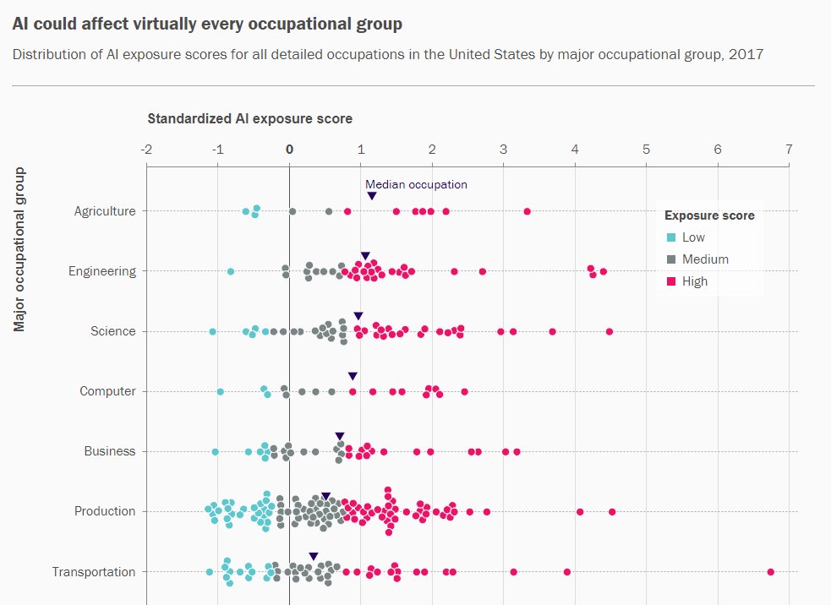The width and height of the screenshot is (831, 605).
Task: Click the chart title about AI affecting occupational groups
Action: click(x=207, y=24)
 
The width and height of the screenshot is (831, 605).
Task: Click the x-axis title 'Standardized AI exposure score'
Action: click(x=249, y=118)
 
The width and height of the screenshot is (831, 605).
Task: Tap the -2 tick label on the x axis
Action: click(x=146, y=150)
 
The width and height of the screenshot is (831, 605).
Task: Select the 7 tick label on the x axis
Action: click(x=789, y=150)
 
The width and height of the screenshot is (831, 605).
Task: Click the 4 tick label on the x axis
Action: click(x=575, y=150)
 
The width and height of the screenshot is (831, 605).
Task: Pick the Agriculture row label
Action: click(x=104, y=211)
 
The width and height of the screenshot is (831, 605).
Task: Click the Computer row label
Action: click(x=107, y=391)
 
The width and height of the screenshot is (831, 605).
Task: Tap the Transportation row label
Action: click(x=93, y=572)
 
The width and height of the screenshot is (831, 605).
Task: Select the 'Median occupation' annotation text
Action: click(x=416, y=184)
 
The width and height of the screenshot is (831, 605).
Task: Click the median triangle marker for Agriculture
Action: click(x=372, y=197)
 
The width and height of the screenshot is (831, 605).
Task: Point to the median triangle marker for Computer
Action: click(x=353, y=376)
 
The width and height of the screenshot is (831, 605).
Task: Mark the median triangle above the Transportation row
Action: click(x=313, y=557)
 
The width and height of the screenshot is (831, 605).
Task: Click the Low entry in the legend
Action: click(x=693, y=237)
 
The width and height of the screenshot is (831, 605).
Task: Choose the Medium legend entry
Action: click(x=705, y=259)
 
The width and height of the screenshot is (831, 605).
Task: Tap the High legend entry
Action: click(x=695, y=281)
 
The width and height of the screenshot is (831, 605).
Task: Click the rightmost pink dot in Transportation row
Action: click(x=770, y=572)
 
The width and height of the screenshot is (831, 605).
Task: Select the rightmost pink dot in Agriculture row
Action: click(x=527, y=211)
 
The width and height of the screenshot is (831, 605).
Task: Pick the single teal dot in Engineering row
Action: click(x=231, y=271)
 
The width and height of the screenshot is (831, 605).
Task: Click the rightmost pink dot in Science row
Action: click(x=609, y=331)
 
